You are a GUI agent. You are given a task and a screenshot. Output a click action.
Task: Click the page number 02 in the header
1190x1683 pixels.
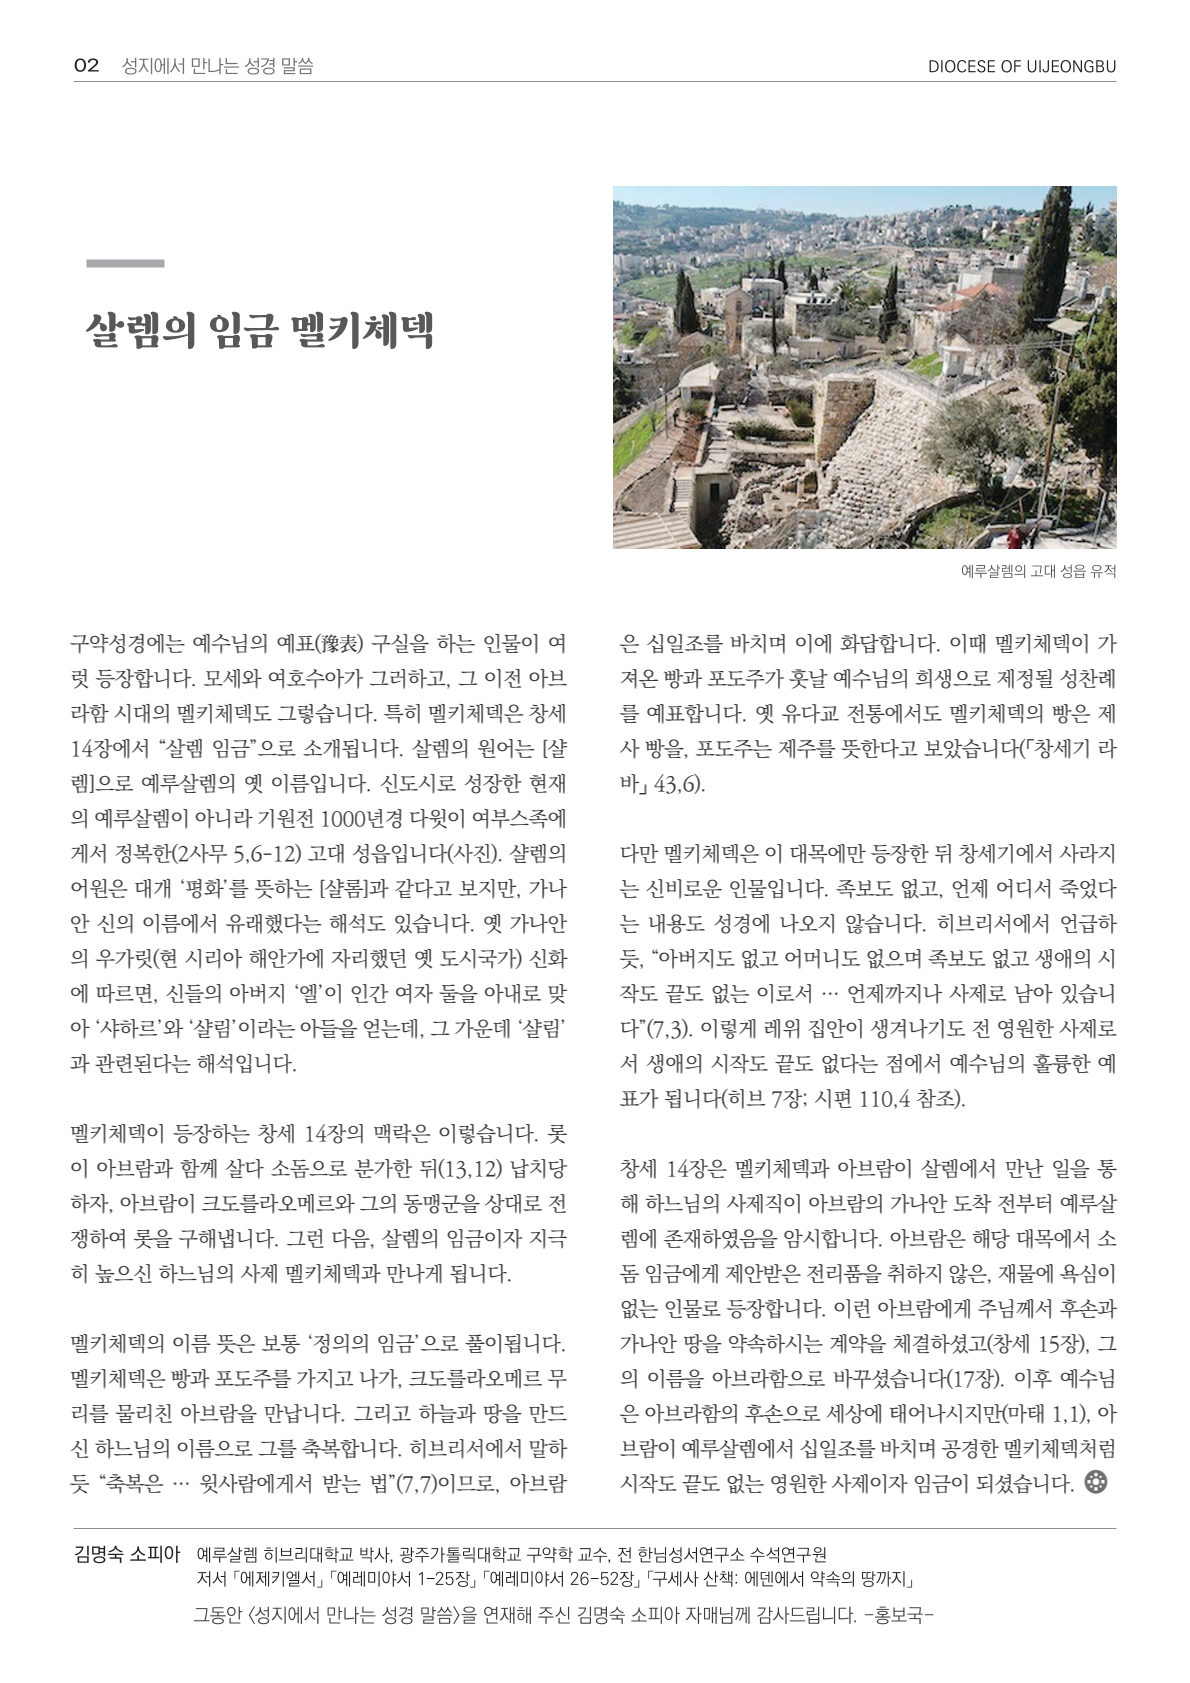point(86,66)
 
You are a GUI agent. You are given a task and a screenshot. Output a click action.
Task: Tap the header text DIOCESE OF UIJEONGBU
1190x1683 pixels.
point(1021,67)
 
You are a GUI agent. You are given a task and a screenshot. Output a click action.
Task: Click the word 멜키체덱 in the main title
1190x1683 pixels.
point(362,331)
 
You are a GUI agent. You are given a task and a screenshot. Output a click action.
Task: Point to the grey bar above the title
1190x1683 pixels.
point(125,263)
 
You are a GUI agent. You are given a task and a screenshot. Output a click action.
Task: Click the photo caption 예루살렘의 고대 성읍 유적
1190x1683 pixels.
point(1037,571)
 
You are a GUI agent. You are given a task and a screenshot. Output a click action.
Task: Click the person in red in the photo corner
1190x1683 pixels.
point(1015,536)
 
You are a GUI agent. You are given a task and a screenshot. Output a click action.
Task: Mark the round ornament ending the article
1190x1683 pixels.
point(1096,1482)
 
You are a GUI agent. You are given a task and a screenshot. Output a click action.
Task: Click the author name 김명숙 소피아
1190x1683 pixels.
point(127,1554)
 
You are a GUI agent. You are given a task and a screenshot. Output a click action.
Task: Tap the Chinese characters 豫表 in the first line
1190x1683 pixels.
point(337,643)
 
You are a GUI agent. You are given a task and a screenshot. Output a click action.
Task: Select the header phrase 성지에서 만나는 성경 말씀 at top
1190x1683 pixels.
point(217,66)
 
